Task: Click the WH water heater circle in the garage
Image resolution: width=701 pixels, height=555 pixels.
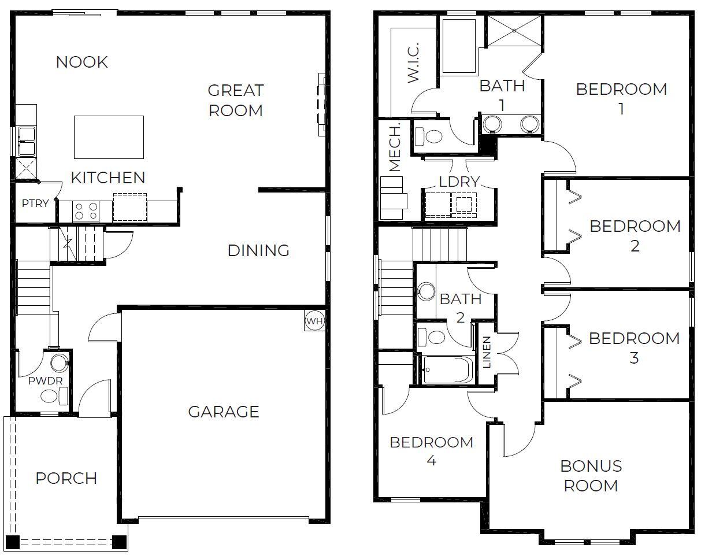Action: tap(314, 321)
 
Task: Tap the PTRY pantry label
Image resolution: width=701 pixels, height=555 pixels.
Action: tap(35, 203)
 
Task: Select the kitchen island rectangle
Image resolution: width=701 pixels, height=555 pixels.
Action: tap(109, 137)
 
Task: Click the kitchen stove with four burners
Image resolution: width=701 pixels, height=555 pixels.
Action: tap(86, 211)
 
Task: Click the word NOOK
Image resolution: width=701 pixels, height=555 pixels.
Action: tap(81, 62)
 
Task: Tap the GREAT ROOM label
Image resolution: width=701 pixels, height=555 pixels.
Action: tap(235, 100)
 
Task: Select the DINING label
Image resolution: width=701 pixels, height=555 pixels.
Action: tap(258, 250)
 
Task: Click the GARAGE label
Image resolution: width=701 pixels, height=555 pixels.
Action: tap(223, 412)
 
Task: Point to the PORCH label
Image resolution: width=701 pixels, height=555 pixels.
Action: tap(66, 478)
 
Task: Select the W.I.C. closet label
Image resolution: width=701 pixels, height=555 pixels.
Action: tap(413, 64)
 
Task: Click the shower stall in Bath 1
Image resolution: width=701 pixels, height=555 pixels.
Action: tap(514, 31)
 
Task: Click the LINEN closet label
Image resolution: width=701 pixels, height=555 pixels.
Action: tap(487, 352)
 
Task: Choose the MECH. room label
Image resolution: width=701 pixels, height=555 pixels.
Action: tap(395, 153)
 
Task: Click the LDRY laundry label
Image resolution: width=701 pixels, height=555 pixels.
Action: tap(459, 182)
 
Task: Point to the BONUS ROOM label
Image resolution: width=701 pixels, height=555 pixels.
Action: tap(591, 476)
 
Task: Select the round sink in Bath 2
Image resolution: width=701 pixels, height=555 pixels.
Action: tap(426, 291)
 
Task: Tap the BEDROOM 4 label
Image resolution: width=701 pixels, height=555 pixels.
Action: tap(431, 452)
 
